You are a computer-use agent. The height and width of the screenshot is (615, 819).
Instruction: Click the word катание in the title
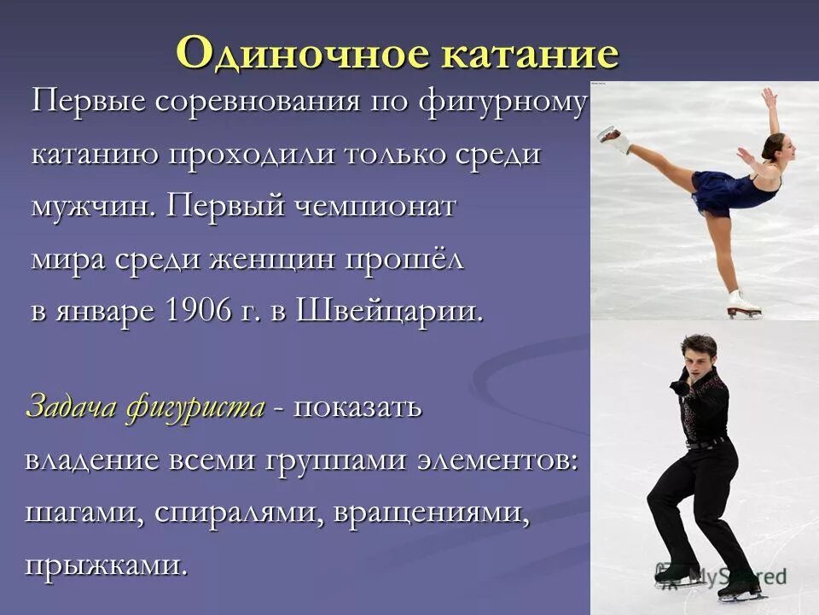pyautogui.click(x=528, y=53)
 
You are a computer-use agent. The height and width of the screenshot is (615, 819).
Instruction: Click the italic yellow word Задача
pyautogui.click(x=70, y=407)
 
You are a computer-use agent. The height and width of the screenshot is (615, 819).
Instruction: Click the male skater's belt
pyautogui.click(x=706, y=442)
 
